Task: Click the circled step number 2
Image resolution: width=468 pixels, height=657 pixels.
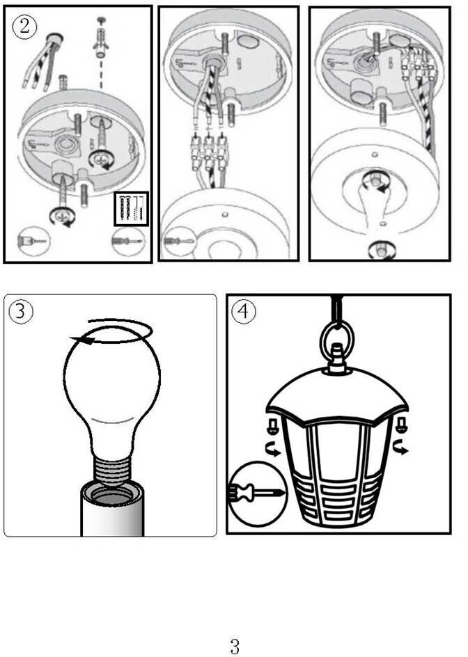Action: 24,26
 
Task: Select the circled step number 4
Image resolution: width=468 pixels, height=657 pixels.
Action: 243,312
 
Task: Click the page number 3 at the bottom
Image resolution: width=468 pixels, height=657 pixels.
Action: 235,646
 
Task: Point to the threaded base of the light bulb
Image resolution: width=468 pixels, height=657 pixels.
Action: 111,471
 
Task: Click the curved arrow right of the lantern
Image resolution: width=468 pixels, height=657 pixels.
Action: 401,448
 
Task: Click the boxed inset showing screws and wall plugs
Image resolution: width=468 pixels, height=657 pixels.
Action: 132,209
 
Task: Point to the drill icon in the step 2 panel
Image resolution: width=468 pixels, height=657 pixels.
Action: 33,242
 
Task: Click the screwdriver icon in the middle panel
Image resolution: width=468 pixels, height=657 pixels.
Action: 180,242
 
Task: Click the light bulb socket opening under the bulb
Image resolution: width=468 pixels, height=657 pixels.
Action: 112,493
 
